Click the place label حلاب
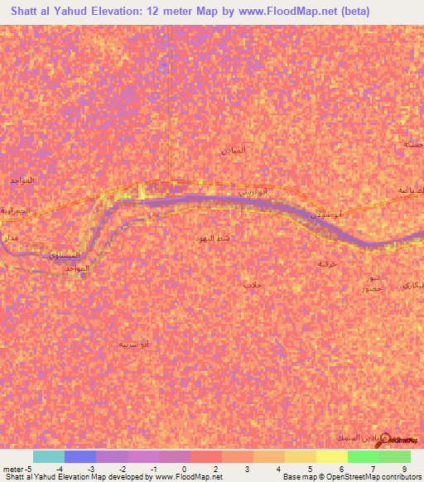(x=251, y=285)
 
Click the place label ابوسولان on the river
(x=325, y=214)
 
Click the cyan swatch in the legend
(x=49, y=456)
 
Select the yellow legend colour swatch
(x=331, y=456)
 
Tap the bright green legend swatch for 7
(x=363, y=456)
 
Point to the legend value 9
(x=406, y=469)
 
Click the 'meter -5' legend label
(x=15, y=469)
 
